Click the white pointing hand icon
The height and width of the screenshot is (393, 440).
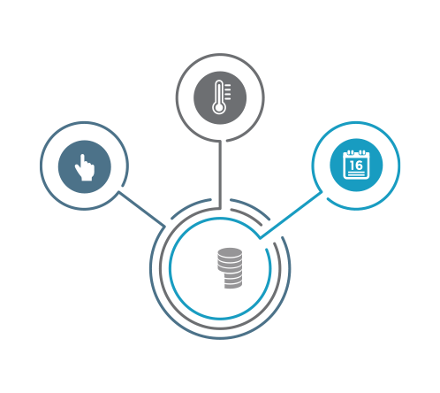85,167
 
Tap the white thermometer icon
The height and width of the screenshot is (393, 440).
221,97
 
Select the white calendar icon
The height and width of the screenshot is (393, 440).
356,165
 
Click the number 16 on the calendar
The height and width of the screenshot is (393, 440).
356,166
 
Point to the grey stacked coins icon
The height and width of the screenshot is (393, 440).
230,268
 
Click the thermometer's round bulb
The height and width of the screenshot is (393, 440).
219,107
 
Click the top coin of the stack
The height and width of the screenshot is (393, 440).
230,252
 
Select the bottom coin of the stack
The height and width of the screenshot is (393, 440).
233,286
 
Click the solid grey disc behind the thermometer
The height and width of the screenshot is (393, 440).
220,97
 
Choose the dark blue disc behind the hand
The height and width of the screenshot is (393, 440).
85,166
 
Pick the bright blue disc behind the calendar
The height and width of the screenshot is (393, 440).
356,165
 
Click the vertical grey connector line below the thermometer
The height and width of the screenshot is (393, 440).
220,174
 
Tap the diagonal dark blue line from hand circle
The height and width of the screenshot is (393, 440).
141,209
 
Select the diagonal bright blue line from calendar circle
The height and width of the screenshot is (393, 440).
291,215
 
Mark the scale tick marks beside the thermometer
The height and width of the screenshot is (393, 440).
228,91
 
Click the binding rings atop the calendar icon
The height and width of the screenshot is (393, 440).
356,152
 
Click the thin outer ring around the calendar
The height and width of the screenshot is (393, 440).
400,166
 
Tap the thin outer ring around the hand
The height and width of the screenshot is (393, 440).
40,166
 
